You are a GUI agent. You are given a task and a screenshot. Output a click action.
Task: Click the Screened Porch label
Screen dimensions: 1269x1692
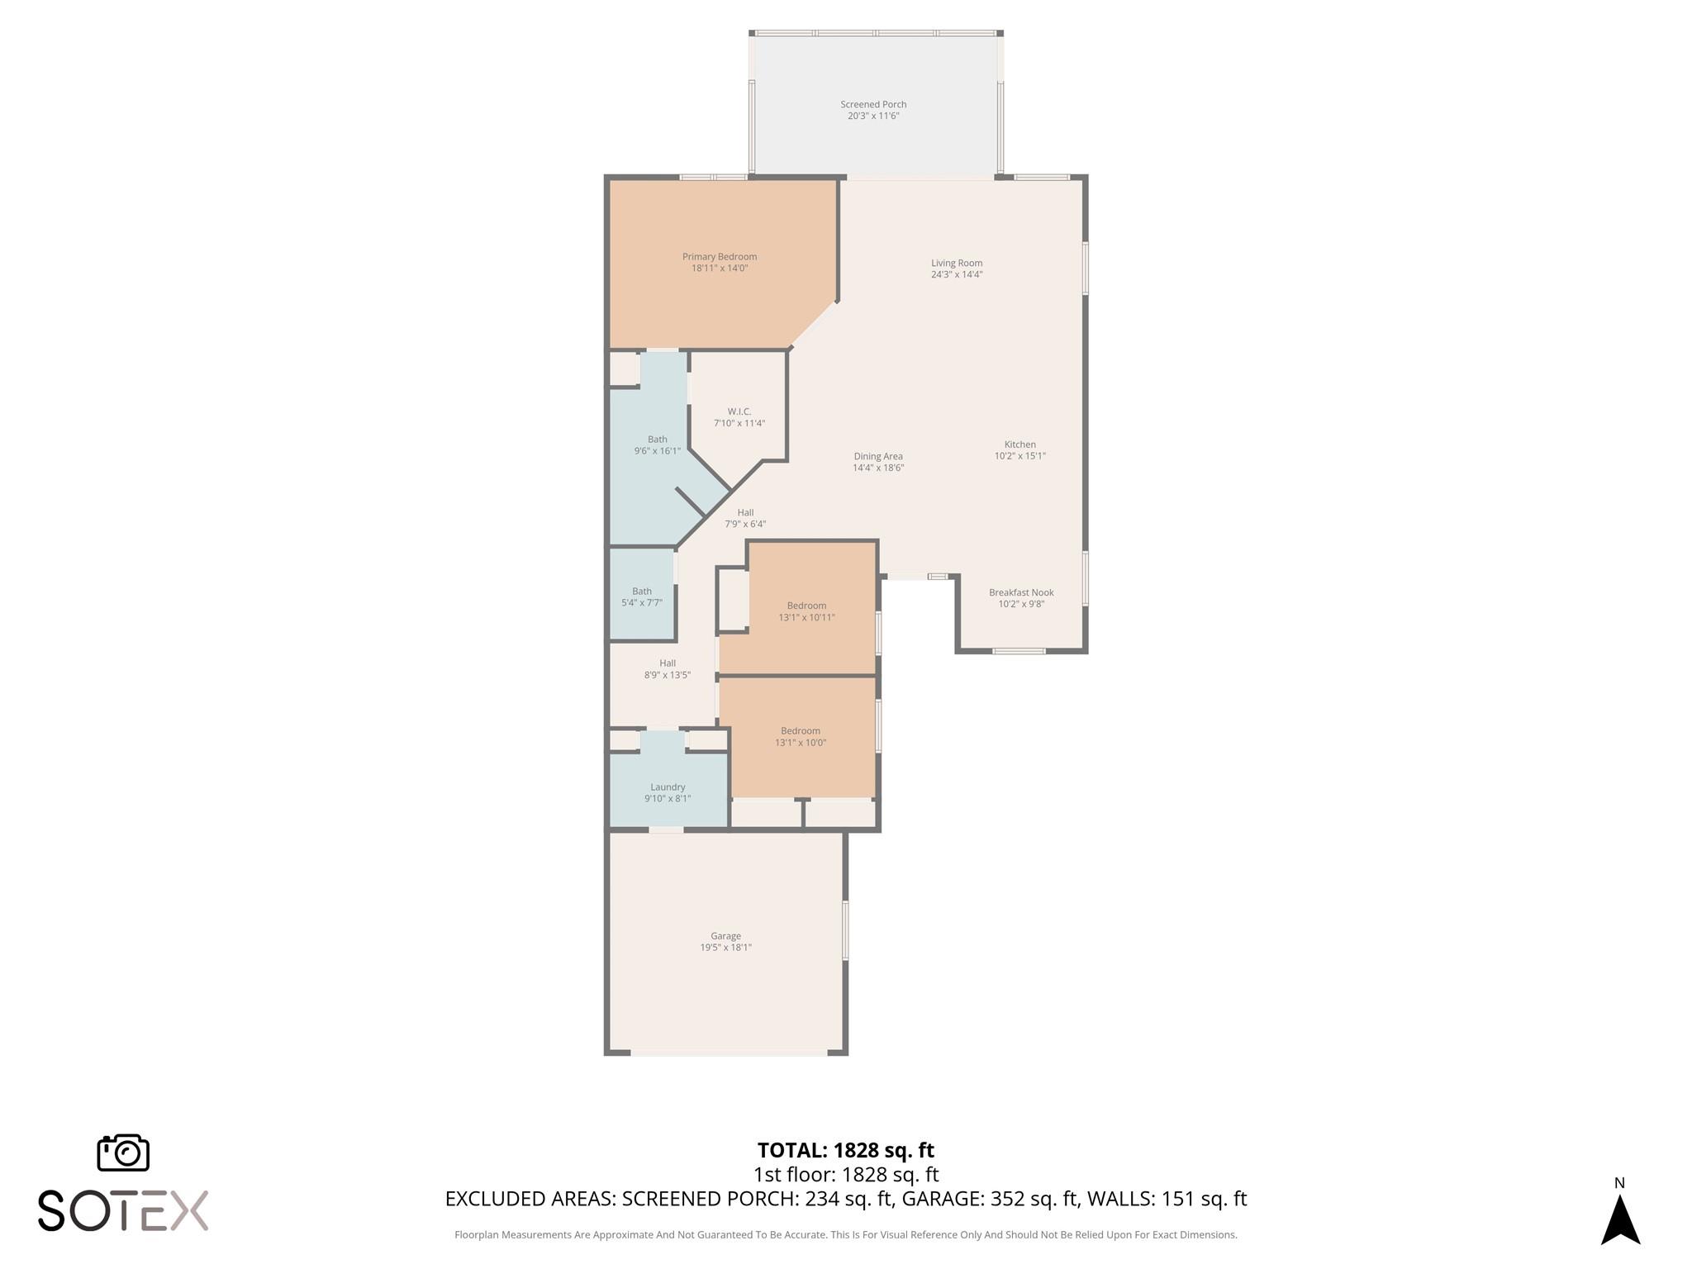[x=873, y=105]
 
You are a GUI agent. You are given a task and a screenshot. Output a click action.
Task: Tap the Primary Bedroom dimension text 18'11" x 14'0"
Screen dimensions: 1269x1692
[x=719, y=269]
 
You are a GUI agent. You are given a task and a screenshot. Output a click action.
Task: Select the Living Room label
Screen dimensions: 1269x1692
[x=957, y=264]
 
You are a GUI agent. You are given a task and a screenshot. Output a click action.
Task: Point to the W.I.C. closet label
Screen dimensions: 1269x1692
[x=739, y=411]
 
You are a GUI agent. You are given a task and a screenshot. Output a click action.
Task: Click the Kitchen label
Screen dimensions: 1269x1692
[x=1019, y=444]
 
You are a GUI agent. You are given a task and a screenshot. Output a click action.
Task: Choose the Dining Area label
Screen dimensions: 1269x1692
[x=877, y=456]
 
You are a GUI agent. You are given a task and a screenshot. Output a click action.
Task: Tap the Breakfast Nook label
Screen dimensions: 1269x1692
[x=1021, y=592]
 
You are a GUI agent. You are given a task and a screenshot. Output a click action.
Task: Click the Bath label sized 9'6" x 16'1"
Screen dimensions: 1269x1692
[x=657, y=440]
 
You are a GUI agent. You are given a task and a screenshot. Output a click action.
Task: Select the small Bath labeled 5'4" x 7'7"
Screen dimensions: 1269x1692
[x=642, y=592]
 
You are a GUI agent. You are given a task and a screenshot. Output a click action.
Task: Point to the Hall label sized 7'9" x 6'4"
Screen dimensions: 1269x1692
[x=745, y=513]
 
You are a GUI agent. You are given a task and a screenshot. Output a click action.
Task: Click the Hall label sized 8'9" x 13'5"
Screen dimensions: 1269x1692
[x=668, y=663]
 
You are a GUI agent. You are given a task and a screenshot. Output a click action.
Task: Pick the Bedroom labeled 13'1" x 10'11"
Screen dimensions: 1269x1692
[x=806, y=606]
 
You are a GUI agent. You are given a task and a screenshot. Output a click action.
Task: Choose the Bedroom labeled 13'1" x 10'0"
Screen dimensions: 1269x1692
[x=800, y=731]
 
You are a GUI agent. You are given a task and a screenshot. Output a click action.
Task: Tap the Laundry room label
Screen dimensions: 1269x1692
[x=668, y=787]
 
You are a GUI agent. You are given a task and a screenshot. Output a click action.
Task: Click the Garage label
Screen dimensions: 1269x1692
[x=725, y=936]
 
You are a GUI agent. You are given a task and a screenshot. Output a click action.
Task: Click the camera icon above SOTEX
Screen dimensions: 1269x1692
[x=123, y=1152]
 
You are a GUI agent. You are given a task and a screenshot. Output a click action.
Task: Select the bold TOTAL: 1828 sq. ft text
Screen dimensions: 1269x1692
[x=845, y=1150]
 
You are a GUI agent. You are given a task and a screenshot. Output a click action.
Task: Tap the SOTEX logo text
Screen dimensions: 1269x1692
[x=123, y=1211]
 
